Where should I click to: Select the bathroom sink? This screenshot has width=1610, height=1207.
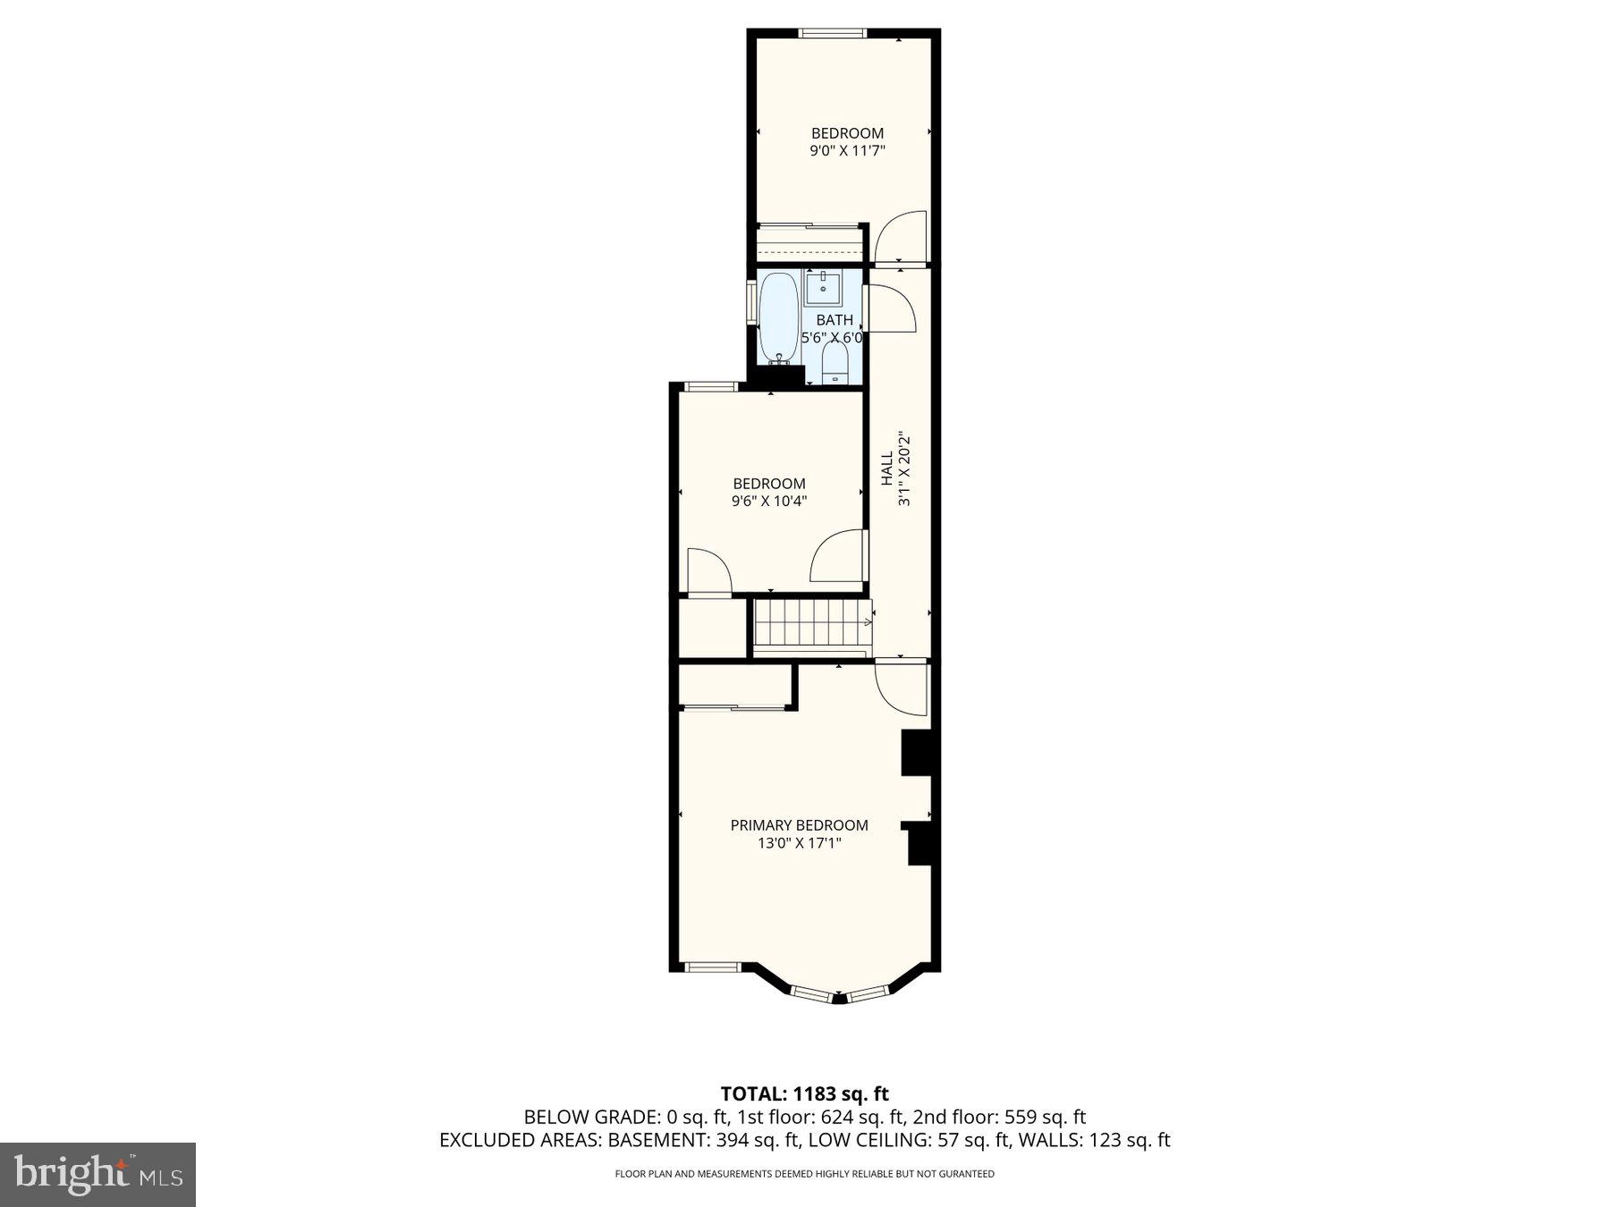[822, 289]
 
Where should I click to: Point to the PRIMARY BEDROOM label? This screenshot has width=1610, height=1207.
[799, 825]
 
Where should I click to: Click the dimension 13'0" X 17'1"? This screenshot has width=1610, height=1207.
[799, 843]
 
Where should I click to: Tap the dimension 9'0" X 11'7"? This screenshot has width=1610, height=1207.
[847, 151]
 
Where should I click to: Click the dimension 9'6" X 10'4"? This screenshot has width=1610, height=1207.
[769, 502]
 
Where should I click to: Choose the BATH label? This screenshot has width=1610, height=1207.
[835, 320]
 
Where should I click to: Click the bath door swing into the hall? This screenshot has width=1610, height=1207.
[893, 309]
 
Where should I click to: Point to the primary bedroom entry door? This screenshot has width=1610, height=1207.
[902, 687]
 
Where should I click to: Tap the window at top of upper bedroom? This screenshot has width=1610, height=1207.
[833, 34]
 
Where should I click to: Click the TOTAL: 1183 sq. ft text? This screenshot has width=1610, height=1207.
[805, 1093]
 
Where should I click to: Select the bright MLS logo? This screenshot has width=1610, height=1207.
[97, 1174]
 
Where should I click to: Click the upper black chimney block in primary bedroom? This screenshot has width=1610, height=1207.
[916, 753]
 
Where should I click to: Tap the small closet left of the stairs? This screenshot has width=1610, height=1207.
[712, 629]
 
